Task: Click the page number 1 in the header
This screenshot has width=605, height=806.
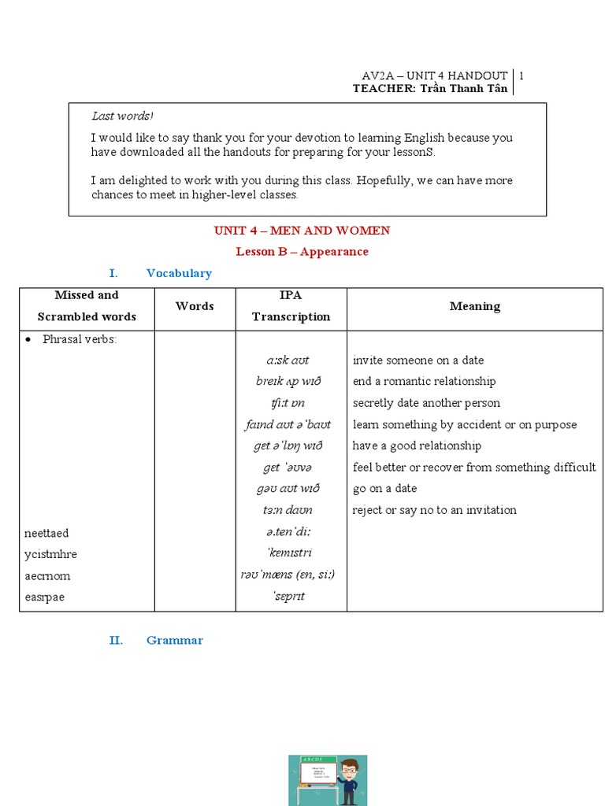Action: (521, 76)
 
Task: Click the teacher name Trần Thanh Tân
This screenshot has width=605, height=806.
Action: (465, 89)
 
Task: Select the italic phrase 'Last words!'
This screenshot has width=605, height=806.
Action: (122, 116)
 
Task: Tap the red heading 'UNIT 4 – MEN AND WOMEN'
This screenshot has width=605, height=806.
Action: (302, 231)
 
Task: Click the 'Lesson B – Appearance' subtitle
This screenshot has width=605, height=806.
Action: (302, 252)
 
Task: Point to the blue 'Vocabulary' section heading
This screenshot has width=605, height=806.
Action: (179, 273)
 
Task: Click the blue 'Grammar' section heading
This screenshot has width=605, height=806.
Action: (174, 640)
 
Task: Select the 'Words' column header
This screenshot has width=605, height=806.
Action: (195, 305)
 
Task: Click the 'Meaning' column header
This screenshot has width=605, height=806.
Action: (474, 305)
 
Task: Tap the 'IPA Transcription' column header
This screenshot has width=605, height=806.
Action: (291, 305)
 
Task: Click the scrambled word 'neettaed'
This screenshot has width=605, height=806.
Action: (46, 533)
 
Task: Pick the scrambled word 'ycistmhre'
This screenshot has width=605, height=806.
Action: (50, 554)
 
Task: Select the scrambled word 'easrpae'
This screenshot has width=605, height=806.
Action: (44, 597)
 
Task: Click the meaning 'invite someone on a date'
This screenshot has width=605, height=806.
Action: (418, 360)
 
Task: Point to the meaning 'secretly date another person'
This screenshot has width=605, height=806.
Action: (426, 403)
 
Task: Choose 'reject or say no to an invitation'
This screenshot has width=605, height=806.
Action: (434, 510)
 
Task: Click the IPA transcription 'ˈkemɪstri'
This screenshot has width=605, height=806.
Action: (290, 553)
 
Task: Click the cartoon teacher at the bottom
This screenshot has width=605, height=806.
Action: (349, 779)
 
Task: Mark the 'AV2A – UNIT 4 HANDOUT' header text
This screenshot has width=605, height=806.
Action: (434, 76)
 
